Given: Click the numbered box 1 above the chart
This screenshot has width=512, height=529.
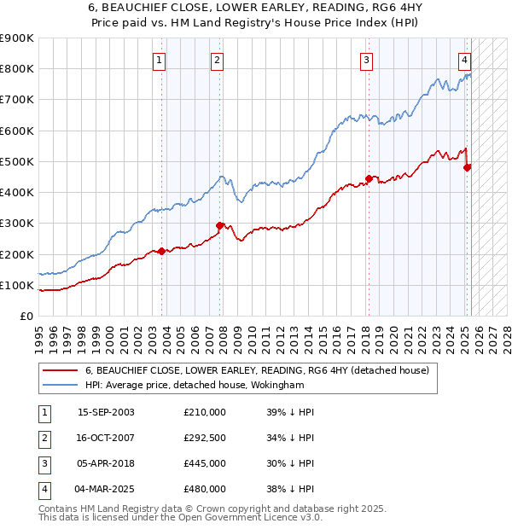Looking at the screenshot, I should click(160, 60).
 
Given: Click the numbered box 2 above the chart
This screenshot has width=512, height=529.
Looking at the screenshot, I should click(218, 60).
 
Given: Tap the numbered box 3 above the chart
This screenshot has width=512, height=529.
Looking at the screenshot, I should click(366, 60).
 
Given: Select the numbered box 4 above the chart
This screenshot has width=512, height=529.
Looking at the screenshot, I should click(464, 60).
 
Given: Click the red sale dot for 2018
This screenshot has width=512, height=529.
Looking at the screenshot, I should click(369, 178).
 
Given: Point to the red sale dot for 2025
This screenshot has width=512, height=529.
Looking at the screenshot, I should click(467, 167).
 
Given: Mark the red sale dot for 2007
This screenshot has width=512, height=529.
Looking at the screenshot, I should click(219, 225).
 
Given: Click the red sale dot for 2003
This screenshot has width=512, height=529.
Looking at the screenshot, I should click(161, 251).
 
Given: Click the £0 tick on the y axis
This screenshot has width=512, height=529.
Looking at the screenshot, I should click(27, 316).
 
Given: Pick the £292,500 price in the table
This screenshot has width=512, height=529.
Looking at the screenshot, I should click(205, 439).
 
